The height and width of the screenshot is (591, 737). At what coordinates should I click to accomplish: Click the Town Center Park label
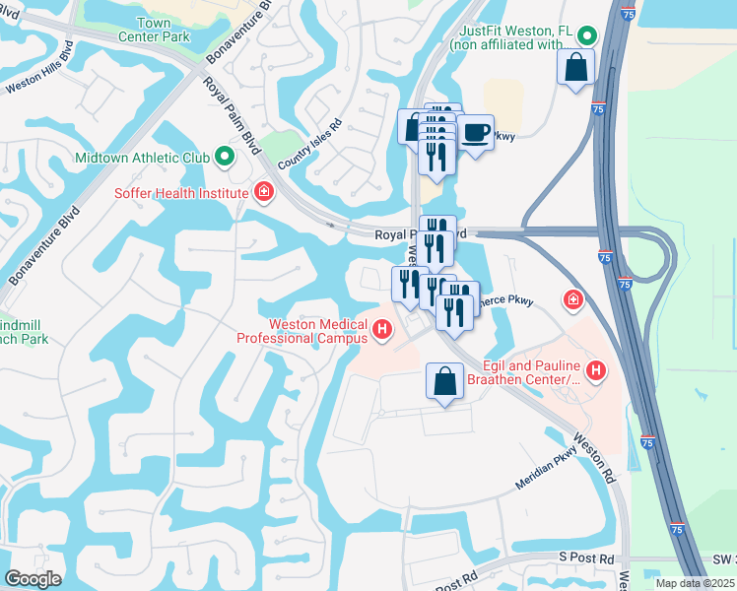point(162,29)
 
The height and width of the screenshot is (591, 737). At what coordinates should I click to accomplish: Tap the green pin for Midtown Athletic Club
point(225,157)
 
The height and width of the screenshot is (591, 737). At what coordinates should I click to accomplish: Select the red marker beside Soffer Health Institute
point(263,191)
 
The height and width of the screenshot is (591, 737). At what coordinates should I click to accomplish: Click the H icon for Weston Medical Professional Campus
point(381,328)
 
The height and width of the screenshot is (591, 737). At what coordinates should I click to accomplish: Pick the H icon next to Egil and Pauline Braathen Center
point(595,370)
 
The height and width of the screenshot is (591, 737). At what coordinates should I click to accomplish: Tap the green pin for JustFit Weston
point(587,36)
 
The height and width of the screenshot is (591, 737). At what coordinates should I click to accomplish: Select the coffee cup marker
point(475,132)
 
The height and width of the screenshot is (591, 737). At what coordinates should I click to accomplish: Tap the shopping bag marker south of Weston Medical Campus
point(444,380)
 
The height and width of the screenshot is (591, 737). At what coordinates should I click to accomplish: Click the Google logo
point(33,578)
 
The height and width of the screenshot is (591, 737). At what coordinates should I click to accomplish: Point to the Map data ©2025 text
point(694,583)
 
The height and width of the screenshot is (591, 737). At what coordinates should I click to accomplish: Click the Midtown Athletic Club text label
point(142,158)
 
